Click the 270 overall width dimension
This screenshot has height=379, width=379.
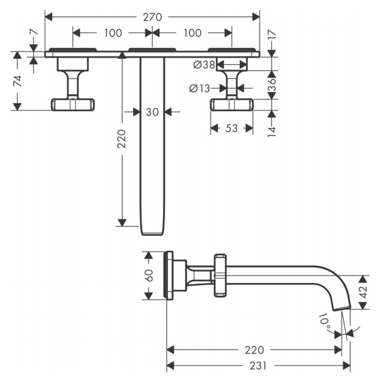click(x=152, y=17)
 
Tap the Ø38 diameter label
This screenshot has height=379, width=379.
click(x=204, y=65)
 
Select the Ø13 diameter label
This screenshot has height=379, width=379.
click(x=200, y=88)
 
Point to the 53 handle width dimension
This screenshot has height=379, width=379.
click(x=232, y=128)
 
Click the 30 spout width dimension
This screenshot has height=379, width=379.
click(x=152, y=112)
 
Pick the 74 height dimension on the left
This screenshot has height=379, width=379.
click(x=18, y=81)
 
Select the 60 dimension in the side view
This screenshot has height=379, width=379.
click(x=149, y=275)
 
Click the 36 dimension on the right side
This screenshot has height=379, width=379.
click(x=272, y=84)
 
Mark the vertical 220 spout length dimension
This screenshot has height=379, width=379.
click(x=122, y=139)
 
